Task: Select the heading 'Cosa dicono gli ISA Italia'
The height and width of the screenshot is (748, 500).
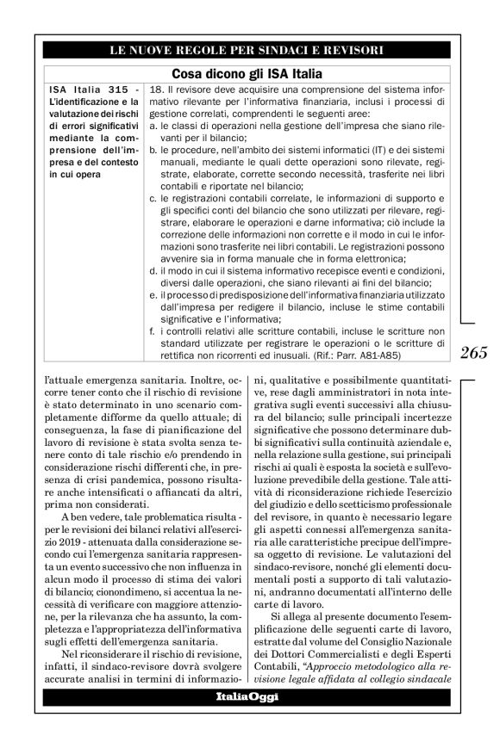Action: [248, 74]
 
